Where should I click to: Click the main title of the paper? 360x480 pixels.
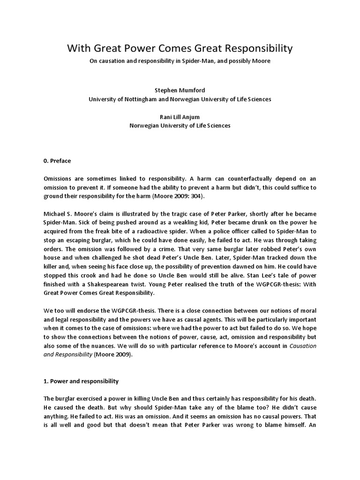(180, 48)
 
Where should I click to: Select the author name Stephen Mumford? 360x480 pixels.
(180, 90)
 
